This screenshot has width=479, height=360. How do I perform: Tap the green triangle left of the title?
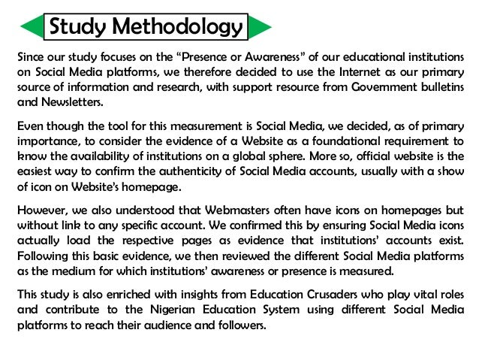click(x=31, y=29)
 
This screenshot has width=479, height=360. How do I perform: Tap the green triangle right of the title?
click(x=260, y=29)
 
